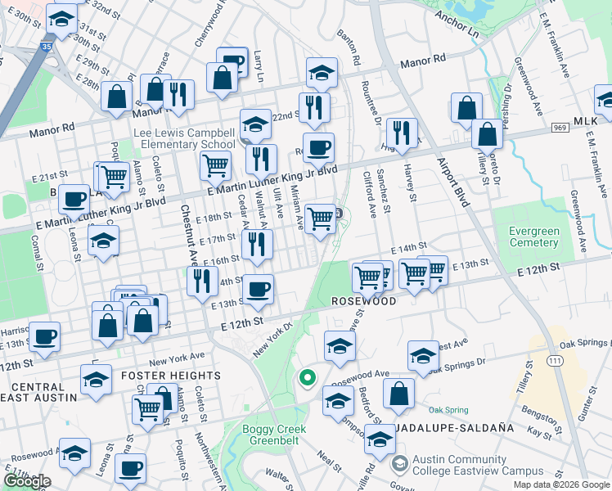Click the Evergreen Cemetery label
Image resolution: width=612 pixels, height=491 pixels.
tap(534, 236)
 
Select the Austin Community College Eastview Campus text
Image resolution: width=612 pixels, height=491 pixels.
tap(478, 465)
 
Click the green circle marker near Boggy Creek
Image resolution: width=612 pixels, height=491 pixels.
tap(308, 377)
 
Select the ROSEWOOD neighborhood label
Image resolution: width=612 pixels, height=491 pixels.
tap(364, 301)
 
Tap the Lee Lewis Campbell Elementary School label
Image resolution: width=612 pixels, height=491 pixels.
tap(185, 139)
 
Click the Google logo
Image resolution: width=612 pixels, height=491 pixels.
tap(27, 481)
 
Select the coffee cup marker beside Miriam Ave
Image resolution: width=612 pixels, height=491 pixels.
tap(318, 148)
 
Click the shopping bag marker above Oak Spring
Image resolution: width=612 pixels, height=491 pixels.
tap(398, 394)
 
